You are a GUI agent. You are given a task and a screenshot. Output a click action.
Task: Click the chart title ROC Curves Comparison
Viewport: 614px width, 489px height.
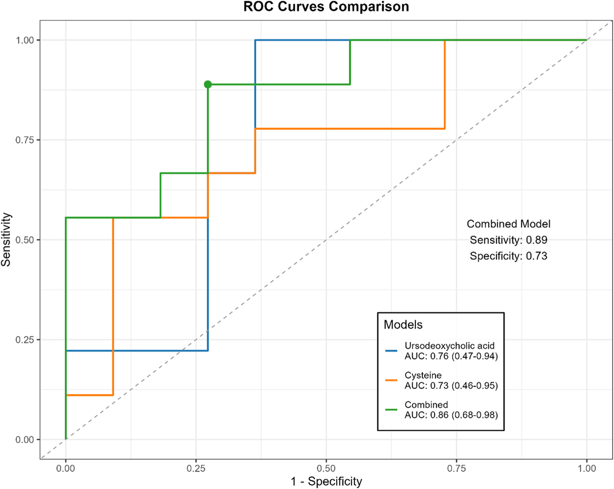coord(326,7)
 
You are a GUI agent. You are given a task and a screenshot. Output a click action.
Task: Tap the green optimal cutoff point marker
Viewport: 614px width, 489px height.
coord(208,85)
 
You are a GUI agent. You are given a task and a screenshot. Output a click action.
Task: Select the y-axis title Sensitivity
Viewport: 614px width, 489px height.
coord(6,240)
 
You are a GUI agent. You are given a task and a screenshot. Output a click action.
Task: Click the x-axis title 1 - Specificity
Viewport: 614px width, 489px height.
coord(326,481)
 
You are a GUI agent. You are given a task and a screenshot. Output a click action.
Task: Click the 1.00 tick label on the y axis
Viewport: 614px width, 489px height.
coord(24,40)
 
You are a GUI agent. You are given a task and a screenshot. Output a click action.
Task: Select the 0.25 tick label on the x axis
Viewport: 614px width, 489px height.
coord(196,469)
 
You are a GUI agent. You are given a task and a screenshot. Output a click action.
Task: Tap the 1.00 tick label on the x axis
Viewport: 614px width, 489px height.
coord(587,469)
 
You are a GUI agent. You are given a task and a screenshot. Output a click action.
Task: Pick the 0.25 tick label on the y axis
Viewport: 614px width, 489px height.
coord(24,340)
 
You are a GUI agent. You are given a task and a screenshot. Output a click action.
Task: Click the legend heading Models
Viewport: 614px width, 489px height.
coord(403,325)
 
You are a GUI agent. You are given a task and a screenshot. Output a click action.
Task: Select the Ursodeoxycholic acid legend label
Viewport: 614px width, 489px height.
coord(449,346)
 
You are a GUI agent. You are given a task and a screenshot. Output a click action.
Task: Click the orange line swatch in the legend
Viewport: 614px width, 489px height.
coord(391,380)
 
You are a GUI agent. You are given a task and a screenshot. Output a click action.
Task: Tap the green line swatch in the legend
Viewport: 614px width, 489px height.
coord(391,410)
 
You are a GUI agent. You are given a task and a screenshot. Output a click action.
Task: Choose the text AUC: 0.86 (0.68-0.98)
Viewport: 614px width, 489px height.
coord(451,415)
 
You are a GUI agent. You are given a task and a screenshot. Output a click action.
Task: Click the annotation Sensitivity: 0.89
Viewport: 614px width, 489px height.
coord(508,240)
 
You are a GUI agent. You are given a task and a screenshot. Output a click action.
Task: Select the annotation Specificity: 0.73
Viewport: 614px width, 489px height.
coord(508,256)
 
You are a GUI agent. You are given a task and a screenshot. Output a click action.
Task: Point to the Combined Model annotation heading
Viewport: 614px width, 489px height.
coord(508,224)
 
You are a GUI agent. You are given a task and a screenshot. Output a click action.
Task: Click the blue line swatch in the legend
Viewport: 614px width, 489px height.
coord(391,351)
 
